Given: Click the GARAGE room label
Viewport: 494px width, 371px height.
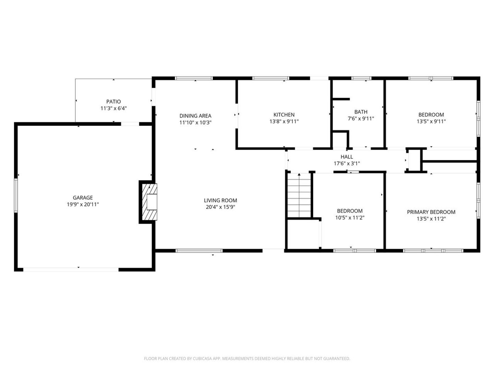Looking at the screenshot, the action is (83, 198).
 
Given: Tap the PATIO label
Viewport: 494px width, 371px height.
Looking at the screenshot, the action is (114, 102).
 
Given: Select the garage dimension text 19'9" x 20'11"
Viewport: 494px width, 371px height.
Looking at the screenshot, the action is (83, 204).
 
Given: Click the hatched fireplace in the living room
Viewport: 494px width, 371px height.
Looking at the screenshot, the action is (150, 202).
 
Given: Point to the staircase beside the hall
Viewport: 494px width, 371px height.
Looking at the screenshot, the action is (299, 195).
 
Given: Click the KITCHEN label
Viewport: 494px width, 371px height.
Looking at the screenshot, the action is (284, 115).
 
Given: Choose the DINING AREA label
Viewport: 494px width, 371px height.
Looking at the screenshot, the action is (195, 116).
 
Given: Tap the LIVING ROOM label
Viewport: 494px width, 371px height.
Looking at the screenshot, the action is (220, 200).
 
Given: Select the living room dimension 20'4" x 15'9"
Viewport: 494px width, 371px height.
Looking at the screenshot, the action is (220, 207).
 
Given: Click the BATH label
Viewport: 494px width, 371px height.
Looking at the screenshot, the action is (361, 112).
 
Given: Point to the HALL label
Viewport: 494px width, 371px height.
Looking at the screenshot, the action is (346, 157).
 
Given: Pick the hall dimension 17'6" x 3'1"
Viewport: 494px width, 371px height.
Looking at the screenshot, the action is (346, 164).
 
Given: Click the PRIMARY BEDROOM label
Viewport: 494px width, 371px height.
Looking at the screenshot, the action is (431, 212).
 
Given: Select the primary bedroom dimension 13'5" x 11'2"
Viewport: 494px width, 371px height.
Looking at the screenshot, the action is (431, 219).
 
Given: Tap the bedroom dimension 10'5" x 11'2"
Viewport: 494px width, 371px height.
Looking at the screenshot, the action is (350, 217).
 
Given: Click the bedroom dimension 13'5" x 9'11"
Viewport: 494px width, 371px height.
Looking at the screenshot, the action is (431, 121).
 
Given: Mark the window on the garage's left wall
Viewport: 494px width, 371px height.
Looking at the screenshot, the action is (16, 195).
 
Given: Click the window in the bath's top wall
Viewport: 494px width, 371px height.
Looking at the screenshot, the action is (362, 78).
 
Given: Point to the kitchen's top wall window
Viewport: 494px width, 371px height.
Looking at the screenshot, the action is (271, 78).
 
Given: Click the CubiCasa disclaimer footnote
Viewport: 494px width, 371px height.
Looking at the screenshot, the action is (247, 358).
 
